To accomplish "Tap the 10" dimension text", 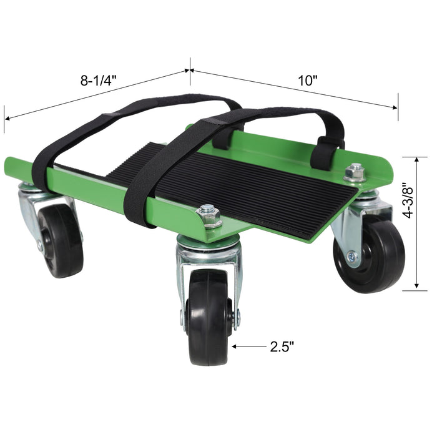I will coord(307,81).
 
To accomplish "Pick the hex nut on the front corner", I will coord(209,217).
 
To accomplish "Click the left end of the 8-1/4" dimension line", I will coord(5,118).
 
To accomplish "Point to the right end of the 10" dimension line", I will coord(397,108).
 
